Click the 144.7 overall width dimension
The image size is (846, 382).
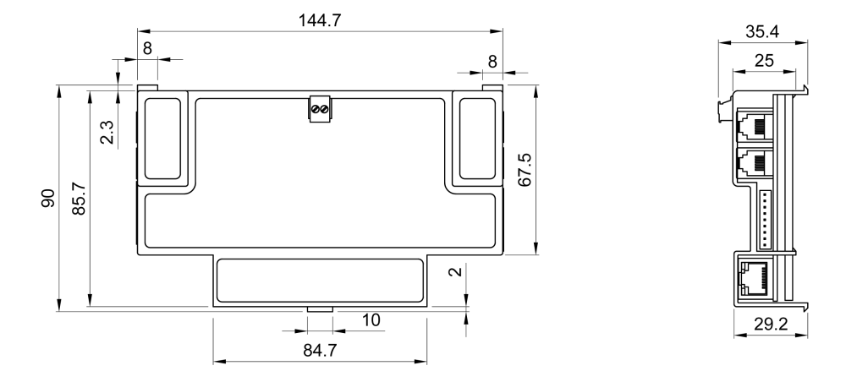click(x=320, y=20)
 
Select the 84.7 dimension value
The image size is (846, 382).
click(x=320, y=350)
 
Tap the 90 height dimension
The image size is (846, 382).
click(x=48, y=199)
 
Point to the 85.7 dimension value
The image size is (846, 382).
click(x=79, y=199)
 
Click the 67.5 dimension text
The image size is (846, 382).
click(x=525, y=170)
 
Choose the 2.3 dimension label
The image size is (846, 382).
click(x=107, y=133)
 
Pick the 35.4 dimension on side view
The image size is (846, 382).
click(x=762, y=32)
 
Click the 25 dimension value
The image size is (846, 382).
click(x=764, y=61)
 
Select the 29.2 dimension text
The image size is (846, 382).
click(x=771, y=325)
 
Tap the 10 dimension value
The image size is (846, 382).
click(x=371, y=320)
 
